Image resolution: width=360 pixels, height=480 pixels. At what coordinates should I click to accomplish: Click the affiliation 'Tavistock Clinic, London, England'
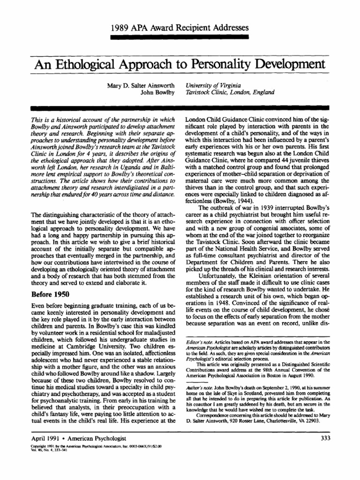coord(230,93)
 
